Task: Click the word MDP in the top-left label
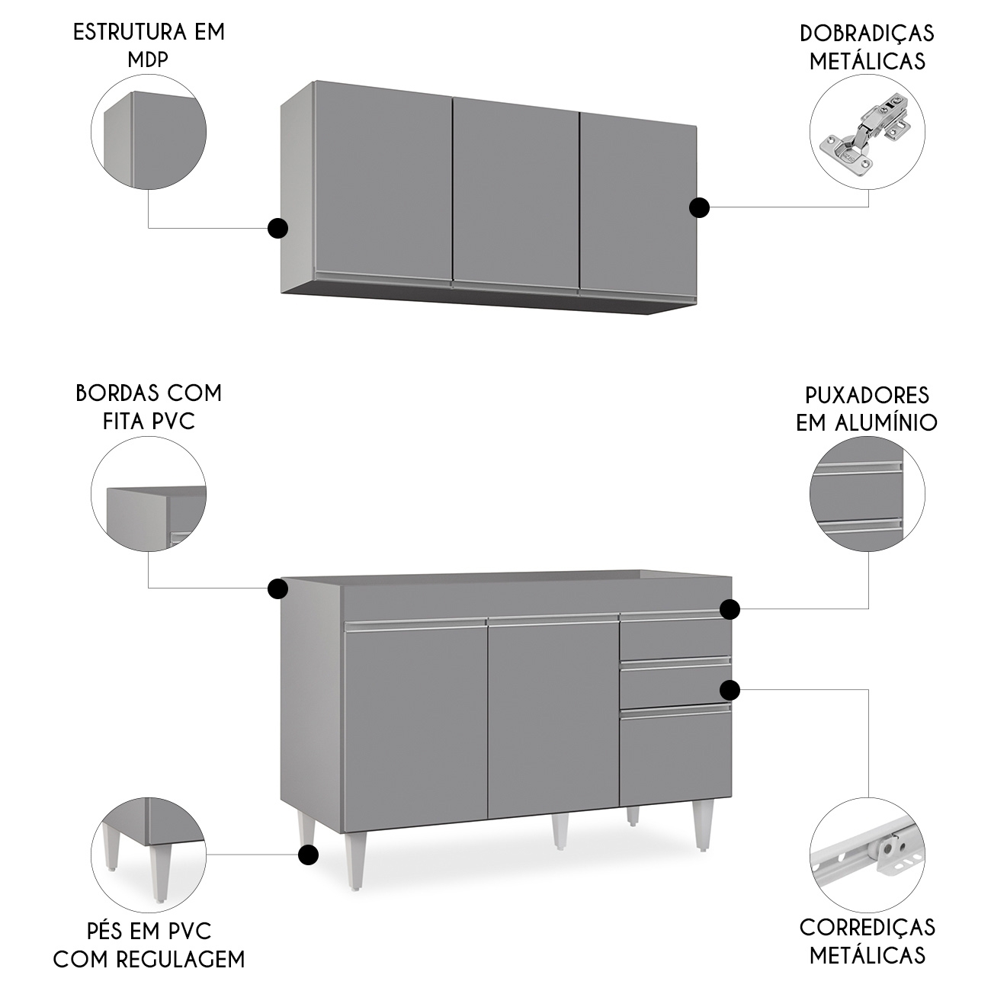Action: pos(148,60)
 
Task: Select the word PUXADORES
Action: pos(867,396)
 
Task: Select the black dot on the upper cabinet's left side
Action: pos(277,228)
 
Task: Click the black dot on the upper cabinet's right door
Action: pos(699,208)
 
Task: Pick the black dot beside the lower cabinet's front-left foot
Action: pos(307,855)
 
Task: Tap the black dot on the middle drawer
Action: pos(730,690)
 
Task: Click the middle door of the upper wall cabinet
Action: pos(516,194)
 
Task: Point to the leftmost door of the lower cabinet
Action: pos(415,720)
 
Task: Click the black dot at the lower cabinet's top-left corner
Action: pos(277,589)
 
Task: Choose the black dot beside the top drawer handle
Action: pos(730,609)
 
